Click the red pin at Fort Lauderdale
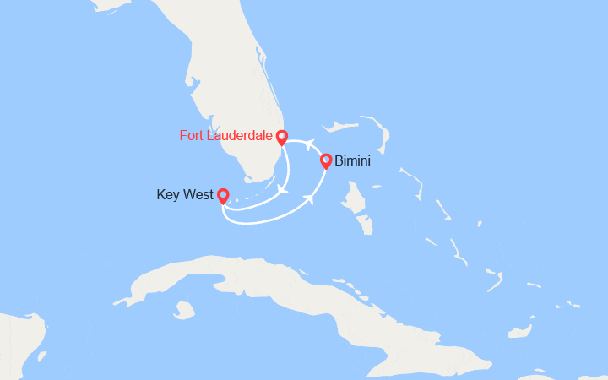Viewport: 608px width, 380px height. tap(281, 136)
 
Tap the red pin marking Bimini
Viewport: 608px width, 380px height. tap(325, 160)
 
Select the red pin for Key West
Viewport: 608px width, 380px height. tap(222, 195)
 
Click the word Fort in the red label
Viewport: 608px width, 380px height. tap(192, 135)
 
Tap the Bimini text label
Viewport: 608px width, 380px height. tap(353, 160)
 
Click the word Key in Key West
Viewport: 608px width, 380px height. tap(168, 194)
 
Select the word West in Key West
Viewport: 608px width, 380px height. tap(197, 194)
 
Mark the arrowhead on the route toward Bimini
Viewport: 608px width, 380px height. tap(311, 199)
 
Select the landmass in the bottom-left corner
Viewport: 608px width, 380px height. tap(17, 346)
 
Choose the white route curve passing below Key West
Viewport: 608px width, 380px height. tap(253, 221)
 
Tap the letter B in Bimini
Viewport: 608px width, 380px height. tap(339, 160)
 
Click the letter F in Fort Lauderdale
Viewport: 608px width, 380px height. tap(183, 135)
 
